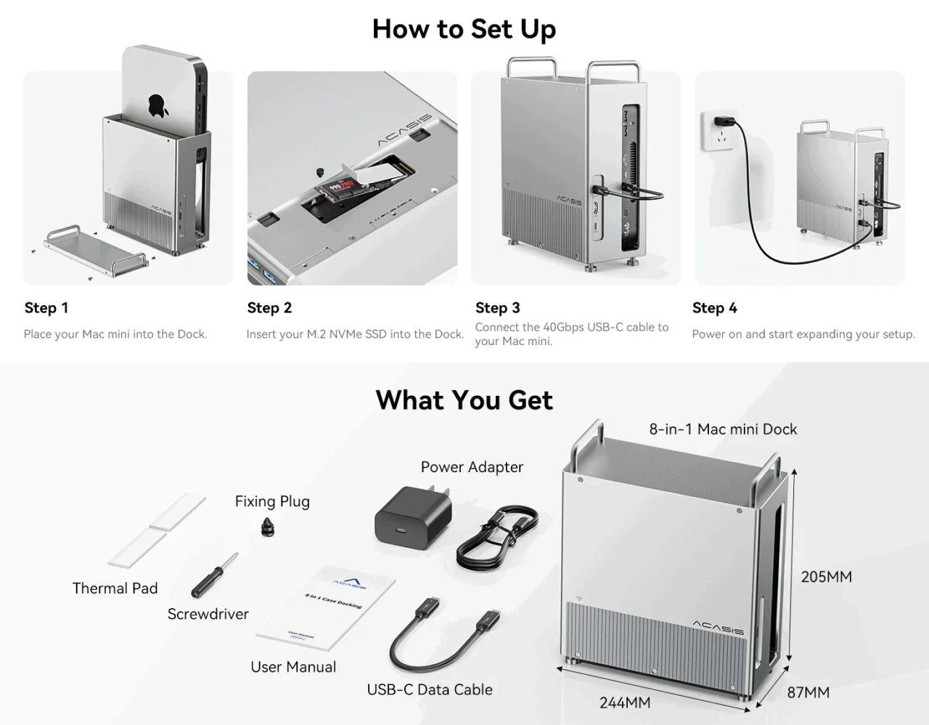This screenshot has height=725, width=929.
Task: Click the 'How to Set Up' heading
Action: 464,29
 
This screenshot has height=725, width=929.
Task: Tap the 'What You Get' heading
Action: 464,400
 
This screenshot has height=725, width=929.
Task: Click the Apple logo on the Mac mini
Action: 158,106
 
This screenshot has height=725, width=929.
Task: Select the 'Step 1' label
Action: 46,308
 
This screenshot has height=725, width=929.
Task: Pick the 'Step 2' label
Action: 269,308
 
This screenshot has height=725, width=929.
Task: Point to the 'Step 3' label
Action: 498,308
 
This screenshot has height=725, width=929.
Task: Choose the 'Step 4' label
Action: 714,308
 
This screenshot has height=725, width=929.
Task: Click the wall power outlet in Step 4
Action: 719,131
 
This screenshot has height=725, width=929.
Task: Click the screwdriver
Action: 214,575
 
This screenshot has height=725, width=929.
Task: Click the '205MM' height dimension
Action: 826,577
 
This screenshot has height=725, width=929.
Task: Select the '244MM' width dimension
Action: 624,702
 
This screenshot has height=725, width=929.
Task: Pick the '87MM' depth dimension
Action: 808,692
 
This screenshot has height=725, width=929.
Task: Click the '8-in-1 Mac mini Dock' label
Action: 723,429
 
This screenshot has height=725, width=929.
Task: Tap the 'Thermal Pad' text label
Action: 115,588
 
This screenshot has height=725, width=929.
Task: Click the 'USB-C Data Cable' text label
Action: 430,689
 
